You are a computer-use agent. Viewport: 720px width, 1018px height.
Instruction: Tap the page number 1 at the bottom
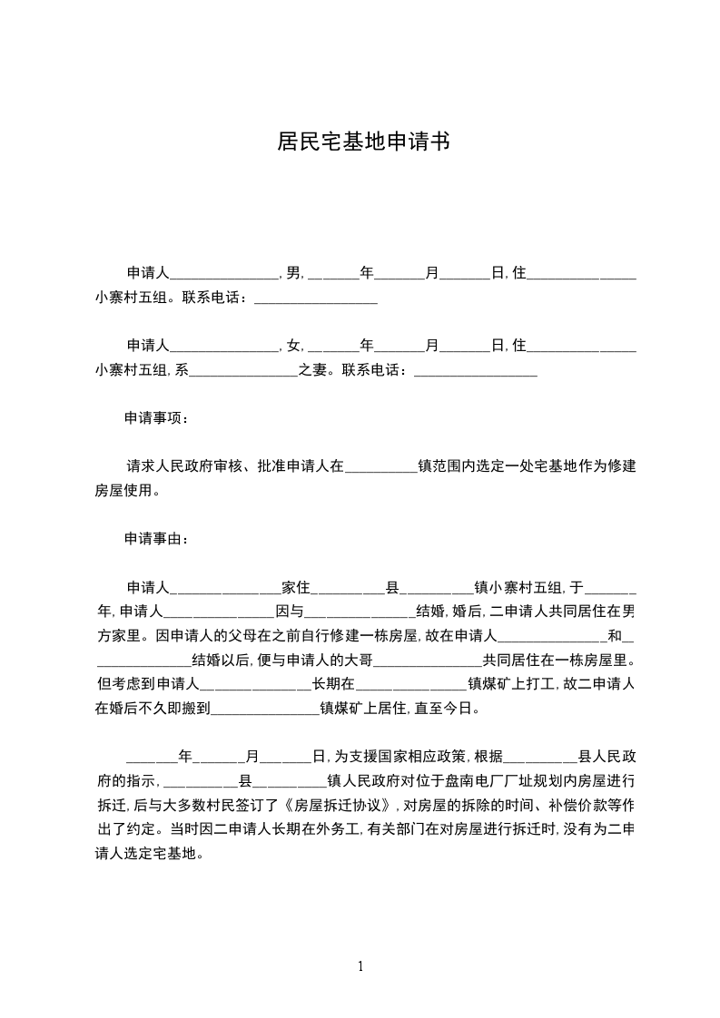360,965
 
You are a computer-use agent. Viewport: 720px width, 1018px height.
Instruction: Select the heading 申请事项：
157,419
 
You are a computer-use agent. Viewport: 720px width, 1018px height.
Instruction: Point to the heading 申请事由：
157,539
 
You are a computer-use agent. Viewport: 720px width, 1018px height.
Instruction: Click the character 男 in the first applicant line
292,272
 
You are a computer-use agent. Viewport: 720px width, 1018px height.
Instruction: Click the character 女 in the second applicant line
292,346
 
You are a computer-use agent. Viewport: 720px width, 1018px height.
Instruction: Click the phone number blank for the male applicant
315,298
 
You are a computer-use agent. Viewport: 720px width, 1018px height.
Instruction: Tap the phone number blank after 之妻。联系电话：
475,370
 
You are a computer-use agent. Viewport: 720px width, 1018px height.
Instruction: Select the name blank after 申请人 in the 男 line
224,272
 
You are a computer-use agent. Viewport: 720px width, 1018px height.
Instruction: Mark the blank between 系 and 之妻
243,370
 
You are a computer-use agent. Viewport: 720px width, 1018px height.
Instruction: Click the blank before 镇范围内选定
381,467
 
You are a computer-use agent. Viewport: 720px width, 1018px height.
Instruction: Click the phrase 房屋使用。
128,492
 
